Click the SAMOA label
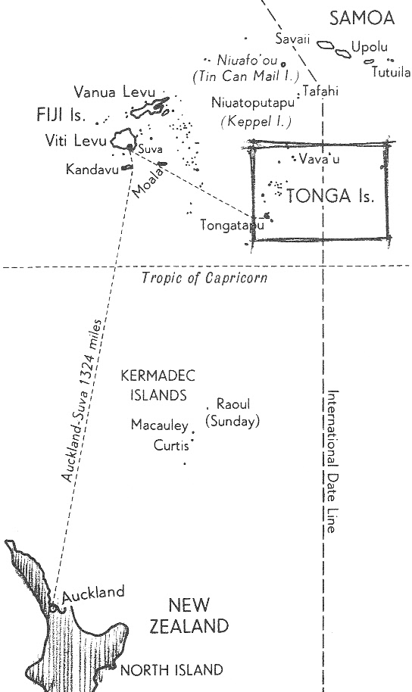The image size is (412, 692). (361, 18)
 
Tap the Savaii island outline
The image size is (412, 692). (326, 45)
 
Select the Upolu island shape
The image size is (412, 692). (343, 54)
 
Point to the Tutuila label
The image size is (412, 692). (391, 72)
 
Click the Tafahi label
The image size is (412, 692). (320, 91)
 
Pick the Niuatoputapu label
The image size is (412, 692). (253, 103)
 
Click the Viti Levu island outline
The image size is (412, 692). (123, 139)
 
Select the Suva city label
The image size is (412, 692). (151, 148)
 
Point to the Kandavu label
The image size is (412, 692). (92, 169)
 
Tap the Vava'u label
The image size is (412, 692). (319, 159)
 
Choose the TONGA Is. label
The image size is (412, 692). (330, 195)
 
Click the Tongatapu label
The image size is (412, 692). (233, 225)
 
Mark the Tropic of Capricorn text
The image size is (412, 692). (204, 278)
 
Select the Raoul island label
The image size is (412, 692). (233, 404)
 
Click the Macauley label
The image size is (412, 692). (160, 425)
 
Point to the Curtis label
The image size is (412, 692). (171, 445)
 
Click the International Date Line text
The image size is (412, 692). (333, 461)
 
